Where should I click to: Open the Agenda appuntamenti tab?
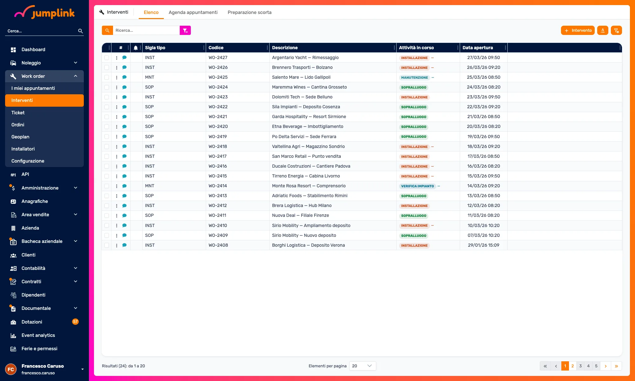pyautogui.click(x=193, y=12)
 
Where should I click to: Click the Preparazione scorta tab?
pyautogui.click(x=250, y=12)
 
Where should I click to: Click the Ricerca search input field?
pyautogui.click(x=146, y=30)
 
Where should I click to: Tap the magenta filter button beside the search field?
pyautogui.click(x=185, y=30)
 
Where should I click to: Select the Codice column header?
pyautogui.click(x=216, y=48)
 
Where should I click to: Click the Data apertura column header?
pyautogui.click(x=478, y=48)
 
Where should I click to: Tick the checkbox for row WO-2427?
pyautogui.click(x=107, y=58)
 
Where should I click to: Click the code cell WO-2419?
pyautogui.click(x=217, y=137)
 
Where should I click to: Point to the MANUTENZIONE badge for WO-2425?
pyautogui.click(x=414, y=77)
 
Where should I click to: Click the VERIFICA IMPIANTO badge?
pyautogui.click(x=417, y=186)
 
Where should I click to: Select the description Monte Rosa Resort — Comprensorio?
pyautogui.click(x=309, y=186)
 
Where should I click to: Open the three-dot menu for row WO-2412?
pyautogui.click(x=117, y=206)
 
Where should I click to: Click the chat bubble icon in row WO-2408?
pyautogui.click(x=124, y=245)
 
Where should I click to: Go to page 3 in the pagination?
pyautogui.click(x=580, y=366)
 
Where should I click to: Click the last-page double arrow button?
pyautogui.click(x=616, y=366)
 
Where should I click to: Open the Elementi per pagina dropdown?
pyautogui.click(x=363, y=366)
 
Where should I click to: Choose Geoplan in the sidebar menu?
pyautogui.click(x=20, y=137)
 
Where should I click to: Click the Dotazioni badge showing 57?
pyautogui.click(x=75, y=322)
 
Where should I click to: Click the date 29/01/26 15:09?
pyautogui.click(x=484, y=245)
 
